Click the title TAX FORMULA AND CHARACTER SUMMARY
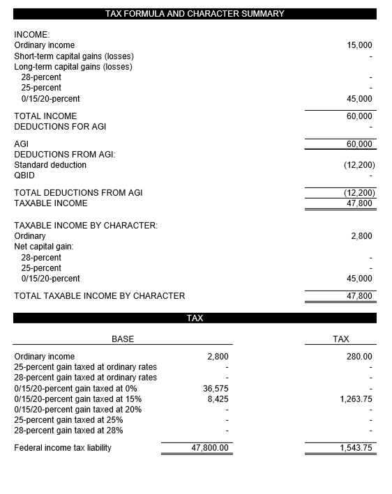click(x=195, y=14)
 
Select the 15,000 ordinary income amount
click(x=359, y=45)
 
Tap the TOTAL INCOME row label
click(x=45, y=116)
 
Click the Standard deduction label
click(x=50, y=165)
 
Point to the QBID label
click(x=24, y=176)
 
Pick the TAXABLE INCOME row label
click(x=51, y=203)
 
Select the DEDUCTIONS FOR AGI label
click(x=60, y=127)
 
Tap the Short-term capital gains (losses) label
click(x=74, y=56)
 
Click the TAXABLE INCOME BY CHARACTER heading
click(x=86, y=226)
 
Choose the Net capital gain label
click(x=44, y=247)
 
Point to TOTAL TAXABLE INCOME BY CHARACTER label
click(x=100, y=296)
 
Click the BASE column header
click(x=123, y=339)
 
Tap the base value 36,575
click(x=216, y=389)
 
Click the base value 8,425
click(x=218, y=399)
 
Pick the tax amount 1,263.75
click(x=356, y=399)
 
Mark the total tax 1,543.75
click(x=356, y=448)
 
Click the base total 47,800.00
click(x=210, y=448)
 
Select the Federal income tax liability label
click(x=63, y=448)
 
